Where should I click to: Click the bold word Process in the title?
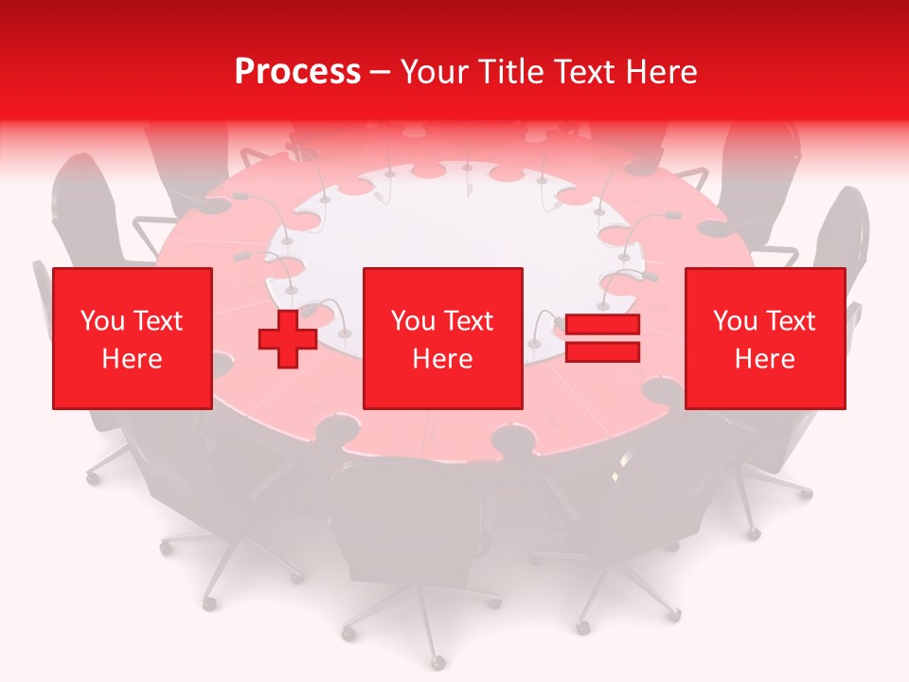pyautogui.click(x=297, y=72)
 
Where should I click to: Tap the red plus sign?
pyautogui.click(x=287, y=338)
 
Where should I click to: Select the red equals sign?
pyautogui.click(x=602, y=338)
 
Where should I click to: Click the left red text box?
pyautogui.click(x=132, y=338)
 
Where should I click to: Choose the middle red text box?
pyautogui.click(x=442, y=338)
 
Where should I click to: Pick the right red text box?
pyautogui.click(x=764, y=338)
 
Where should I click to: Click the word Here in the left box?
pyautogui.click(x=132, y=359)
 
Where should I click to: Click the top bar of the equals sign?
pyautogui.click(x=602, y=325)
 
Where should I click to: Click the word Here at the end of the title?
pyautogui.click(x=661, y=72)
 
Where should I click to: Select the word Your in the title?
pyautogui.click(x=433, y=72)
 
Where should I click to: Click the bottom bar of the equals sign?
pyautogui.click(x=602, y=352)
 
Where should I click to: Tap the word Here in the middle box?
pyautogui.click(x=442, y=359)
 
